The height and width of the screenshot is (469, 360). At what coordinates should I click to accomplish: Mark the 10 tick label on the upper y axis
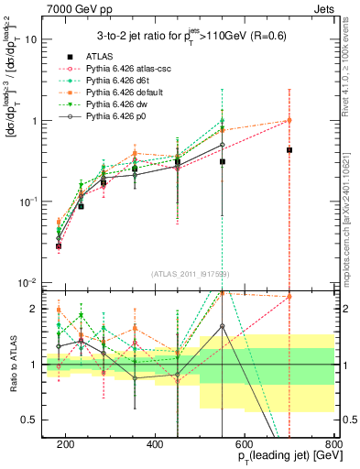click(32, 39)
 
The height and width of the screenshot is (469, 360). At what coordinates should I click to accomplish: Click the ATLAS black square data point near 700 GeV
click(289, 150)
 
